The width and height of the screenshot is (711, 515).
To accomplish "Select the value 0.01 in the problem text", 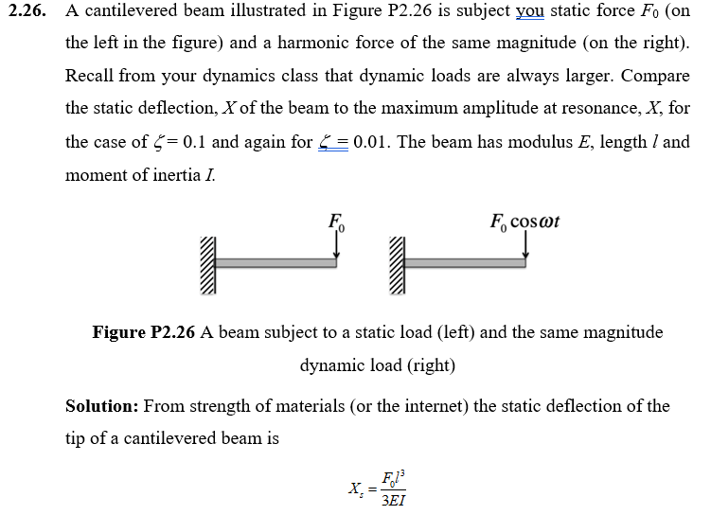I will click(373, 142).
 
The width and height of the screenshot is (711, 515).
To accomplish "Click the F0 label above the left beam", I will click(337, 224).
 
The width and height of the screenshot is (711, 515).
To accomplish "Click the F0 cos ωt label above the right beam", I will click(524, 223).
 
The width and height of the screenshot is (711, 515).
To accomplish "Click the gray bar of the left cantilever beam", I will click(277, 261).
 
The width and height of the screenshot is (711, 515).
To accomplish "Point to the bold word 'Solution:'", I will click(101, 406).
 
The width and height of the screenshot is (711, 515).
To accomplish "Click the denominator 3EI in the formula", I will click(392, 501).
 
